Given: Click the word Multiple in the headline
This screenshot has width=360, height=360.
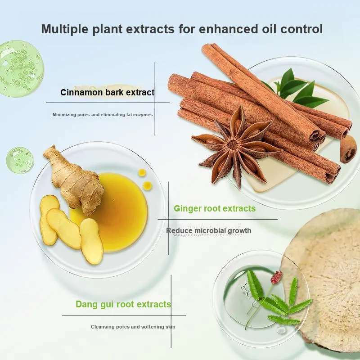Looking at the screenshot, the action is [64, 29].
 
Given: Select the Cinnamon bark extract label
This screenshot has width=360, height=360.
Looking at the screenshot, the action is [108, 92].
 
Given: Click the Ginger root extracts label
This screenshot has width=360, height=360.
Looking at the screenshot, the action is [215, 208].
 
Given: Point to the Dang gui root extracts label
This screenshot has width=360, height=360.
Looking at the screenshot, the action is [123, 304].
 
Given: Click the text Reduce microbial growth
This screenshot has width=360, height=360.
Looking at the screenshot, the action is [209, 230].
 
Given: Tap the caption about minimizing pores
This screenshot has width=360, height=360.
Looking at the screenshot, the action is [103, 115].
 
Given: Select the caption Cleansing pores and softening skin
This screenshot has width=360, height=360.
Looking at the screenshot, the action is [133, 327].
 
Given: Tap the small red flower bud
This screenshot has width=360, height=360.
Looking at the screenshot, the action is [277, 277].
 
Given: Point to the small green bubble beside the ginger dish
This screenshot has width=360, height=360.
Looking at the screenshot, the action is [20, 160].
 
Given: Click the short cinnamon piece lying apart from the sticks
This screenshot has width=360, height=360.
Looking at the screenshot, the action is [348, 149].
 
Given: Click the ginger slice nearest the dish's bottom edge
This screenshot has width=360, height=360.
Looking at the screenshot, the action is [91, 241].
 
